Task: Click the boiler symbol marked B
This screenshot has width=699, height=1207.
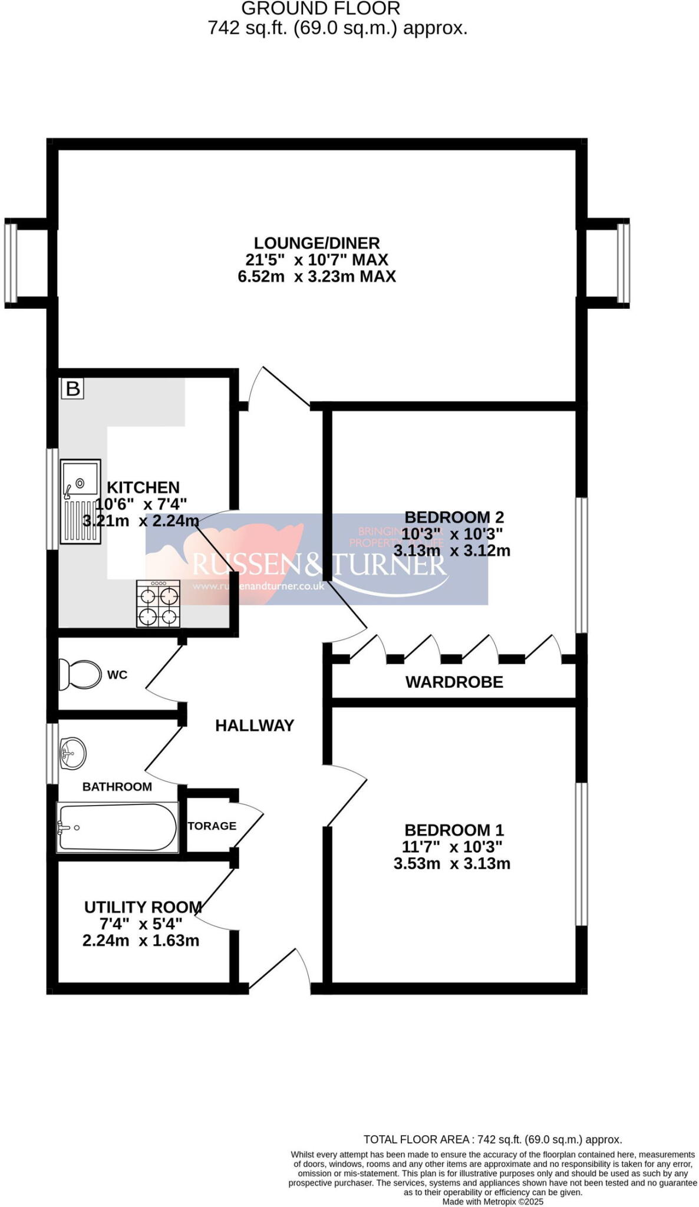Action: (72, 388)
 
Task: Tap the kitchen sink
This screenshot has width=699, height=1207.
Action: (81, 501)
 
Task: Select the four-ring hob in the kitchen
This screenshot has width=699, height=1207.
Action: (158, 603)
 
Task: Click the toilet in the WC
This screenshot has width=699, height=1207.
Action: (80, 675)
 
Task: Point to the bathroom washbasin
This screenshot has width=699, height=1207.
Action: (73, 753)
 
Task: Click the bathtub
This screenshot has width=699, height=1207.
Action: (117, 827)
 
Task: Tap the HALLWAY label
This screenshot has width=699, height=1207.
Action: (254, 725)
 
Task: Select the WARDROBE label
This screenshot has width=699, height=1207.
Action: (454, 682)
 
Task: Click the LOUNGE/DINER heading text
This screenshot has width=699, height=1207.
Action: (316, 243)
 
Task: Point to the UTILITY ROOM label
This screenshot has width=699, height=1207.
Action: (143, 907)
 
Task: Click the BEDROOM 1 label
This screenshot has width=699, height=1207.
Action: (454, 830)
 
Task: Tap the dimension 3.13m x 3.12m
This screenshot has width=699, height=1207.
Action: (451, 551)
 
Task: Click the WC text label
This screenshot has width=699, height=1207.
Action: (117, 675)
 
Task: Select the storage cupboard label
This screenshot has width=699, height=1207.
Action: (212, 826)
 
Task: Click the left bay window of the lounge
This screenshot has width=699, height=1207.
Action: (11, 263)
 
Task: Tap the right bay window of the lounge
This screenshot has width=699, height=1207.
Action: (623, 263)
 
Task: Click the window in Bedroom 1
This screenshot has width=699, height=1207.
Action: (581, 854)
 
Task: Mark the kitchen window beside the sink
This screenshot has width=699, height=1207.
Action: (52, 499)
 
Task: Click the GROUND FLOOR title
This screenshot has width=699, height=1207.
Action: (321, 8)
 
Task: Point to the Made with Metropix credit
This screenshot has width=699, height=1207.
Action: (492, 1201)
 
